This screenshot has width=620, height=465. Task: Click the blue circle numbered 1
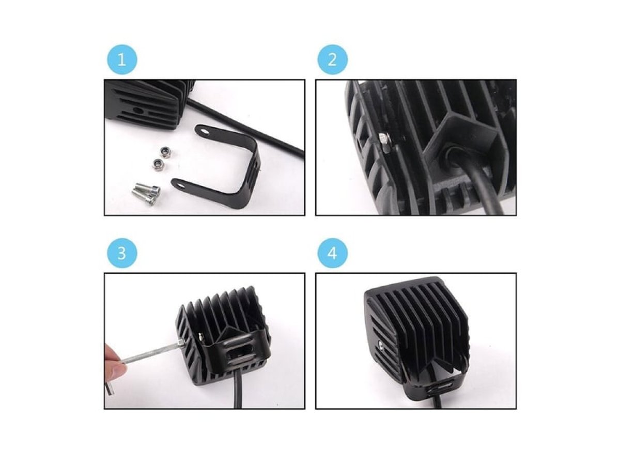(x=122, y=59)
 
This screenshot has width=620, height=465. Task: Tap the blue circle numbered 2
(x=332, y=59)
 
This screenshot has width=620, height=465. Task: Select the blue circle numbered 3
(x=122, y=253)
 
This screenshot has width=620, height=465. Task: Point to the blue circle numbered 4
(x=332, y=253)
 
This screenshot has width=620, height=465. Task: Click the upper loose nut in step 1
(x=164, y=152)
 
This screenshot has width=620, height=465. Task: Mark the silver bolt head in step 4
(x=381, y=344)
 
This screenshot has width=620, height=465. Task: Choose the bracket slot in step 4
(x=446, y=386)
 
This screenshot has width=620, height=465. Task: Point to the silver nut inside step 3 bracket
(x=201, y=336)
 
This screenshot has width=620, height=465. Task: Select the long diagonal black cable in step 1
(x=246, y=124)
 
